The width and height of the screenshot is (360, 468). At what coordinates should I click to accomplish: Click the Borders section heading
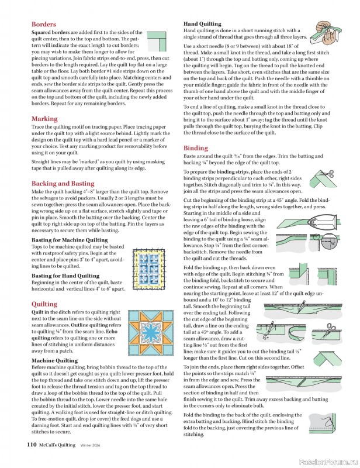point(44,25)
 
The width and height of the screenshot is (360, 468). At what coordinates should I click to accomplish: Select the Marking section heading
point(44,119)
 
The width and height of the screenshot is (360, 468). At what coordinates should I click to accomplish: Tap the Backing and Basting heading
point(63,183)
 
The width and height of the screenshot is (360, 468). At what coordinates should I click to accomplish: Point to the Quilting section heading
point(44,304)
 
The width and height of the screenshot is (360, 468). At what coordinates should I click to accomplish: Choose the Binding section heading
point(196,149)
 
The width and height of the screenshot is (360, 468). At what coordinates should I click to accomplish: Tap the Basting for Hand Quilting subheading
point(65,276)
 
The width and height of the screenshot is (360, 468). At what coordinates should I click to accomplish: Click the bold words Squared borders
point(54,33)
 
